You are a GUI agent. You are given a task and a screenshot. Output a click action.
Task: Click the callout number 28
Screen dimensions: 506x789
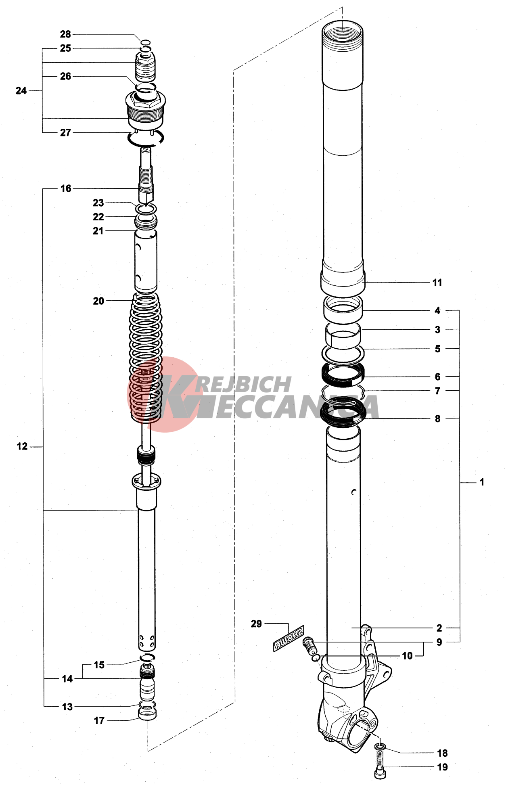pyautogui.click(x=65, y=34)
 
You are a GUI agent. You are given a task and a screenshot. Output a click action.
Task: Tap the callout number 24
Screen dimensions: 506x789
pyautogui.click(x=21, y=91)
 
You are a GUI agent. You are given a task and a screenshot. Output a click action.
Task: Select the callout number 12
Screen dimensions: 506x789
pyautogui.click(x=22, y=446)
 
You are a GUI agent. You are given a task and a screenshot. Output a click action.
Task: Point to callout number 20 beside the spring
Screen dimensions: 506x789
pyautogui.click(x=98, y=301)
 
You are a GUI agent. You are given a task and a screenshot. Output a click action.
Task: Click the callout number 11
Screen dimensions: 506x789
pyautogui.click(x=437, y=283)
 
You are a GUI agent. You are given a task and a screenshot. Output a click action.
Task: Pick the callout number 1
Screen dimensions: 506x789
pyautogui.click(x=481, y=482)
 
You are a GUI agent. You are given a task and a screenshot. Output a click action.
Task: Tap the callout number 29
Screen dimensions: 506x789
pyautogui.click(x=256, y=624)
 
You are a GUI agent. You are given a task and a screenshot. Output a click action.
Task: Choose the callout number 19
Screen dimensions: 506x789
pyautogui.click(x=443, y=767)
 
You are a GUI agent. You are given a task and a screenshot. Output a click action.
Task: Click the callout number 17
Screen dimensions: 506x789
pyautogui.click(x=99, y=720)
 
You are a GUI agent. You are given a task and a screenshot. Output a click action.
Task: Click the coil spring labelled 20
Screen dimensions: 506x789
pyautogui.click(x=146, y=357)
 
